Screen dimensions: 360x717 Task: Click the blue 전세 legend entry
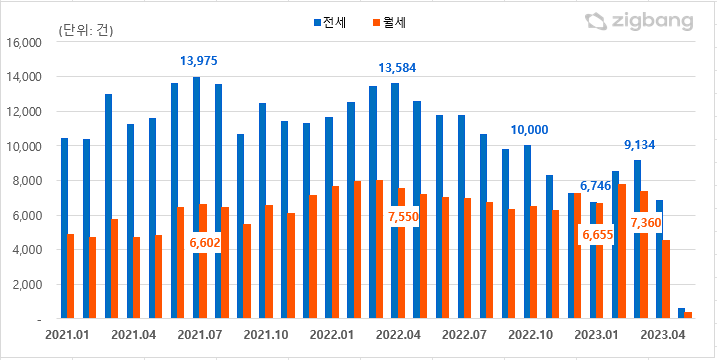point(328,21)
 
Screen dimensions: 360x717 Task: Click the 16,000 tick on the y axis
point(22,43)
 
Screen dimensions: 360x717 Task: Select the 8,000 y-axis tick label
point(25,181)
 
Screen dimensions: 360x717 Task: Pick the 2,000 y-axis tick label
point(25,285)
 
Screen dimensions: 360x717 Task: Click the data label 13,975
point(198,61)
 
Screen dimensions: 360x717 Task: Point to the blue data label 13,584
point(397,68)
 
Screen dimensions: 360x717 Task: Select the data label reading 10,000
point(529,130)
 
